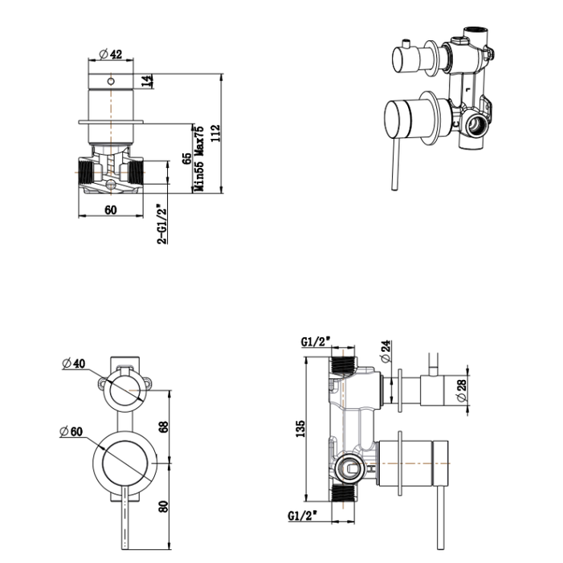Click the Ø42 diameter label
pos(111,54)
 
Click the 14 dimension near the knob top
pos(146,81)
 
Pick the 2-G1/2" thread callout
pos(161,224)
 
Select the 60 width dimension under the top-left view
pos(111,210)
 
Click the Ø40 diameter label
pos(73,363)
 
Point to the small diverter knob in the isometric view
pos(409,59)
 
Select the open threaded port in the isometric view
pos(479,126)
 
